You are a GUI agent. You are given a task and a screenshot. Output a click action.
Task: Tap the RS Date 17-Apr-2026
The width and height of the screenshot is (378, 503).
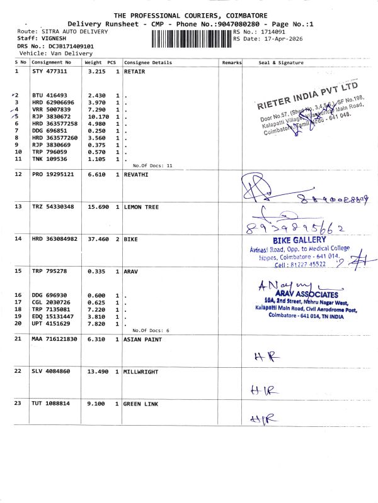(x=272, y=38)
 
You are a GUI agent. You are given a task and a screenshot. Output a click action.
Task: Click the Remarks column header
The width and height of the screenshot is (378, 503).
(x=232, y=63)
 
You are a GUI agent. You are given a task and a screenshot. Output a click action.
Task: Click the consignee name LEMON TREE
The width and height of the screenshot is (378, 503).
(x=142, y=207)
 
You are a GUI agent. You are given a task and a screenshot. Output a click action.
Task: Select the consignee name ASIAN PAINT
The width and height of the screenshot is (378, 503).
(x=144, y=339)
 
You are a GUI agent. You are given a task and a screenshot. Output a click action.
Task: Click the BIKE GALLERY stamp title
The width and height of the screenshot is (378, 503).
(x=299, y=240)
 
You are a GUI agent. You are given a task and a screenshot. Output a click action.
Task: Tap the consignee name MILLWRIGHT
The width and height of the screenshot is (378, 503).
(x=143, y=371)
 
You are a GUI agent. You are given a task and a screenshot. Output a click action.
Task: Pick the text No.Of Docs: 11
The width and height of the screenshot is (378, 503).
(x=152, y=165)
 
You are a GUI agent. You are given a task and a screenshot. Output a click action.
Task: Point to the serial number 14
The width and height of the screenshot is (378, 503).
(x=19, y=239)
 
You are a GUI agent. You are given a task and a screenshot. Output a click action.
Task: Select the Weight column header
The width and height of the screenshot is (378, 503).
(x=93, y=63)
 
